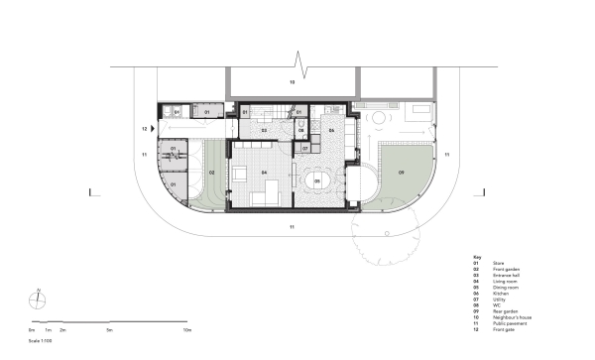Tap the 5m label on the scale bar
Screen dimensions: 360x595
[x=109, y=327]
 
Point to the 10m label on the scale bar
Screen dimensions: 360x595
[x=186, y=327]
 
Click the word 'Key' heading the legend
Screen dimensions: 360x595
[x=476, y=256]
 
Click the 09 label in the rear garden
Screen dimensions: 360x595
[x=402, y=173]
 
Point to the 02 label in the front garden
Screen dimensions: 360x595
[x=211, y=173]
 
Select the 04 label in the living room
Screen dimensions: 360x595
[x=265, y=173]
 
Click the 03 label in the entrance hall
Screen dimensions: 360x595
[x=264, y=130]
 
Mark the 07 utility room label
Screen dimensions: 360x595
[x=305, y=148]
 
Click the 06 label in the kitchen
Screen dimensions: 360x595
[x=332, y=130]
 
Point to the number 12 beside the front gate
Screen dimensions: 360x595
[x=144, y=129]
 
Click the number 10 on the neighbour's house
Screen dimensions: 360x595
[x=292, y=82]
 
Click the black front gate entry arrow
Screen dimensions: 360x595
[x=153, y=129]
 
